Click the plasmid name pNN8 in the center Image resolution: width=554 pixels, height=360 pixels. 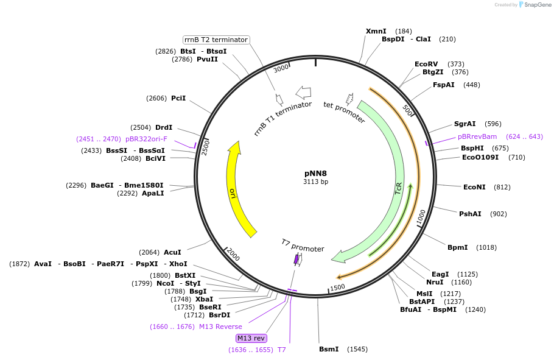(315, 173)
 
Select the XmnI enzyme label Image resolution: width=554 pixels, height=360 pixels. (376, 31)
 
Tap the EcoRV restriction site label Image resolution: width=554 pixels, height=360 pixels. (426, 64)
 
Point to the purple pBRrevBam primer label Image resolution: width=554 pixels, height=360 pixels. (477, 136)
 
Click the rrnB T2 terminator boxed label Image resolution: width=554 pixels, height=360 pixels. (216, 40)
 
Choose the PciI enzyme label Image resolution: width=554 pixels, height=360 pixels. (178, 98)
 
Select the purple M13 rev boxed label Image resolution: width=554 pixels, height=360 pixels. (251, 338)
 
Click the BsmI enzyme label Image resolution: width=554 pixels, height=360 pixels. (329, 349)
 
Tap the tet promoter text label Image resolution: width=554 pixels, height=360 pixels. (344, 113)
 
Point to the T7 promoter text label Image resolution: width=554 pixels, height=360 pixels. (303, 245)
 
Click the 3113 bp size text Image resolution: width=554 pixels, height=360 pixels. (315, 182)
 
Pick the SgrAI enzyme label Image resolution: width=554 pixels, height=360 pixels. (465, 124)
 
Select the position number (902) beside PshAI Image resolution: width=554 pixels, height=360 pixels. (498, 214)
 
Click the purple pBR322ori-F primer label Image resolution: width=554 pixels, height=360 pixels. (146, 139)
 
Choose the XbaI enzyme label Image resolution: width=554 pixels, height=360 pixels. (205, 299)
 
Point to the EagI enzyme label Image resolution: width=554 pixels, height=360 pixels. (440, 274)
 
